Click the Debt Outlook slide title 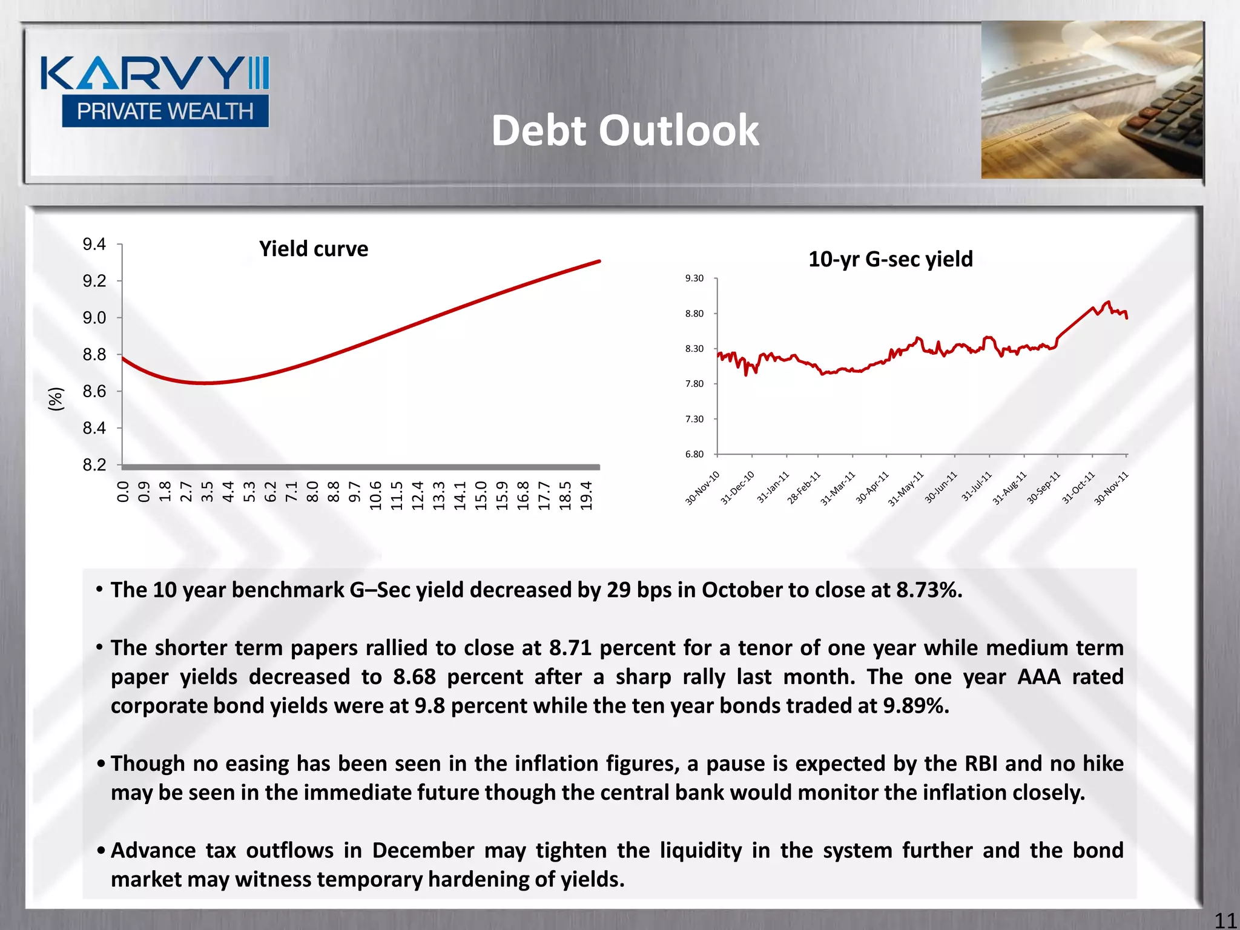pyautogui.click(x=624, y=131)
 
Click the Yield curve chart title pyautogui.click(x=313, y=249)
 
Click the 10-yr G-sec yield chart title pyautogui.click(x=890, y=259)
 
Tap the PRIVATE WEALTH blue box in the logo pyautogui.click(x=165, y=111)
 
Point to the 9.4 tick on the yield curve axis pyautogui.click(x=94, y=245)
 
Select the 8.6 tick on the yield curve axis pyautogui.click(x=94, y=392)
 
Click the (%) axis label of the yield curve pyautogui.click(x=56, y=400)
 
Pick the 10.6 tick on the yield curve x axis pyautogui.click(x=375, y=495)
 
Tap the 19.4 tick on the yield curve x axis pyautogui.click(x=586, y=495)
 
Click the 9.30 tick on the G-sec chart pyautogui.click(x=694, y=279)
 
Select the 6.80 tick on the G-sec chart pyautogui.click(x=694, y=454)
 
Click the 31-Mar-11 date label pyautogui.click(x=838, y=488)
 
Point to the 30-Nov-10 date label pyautogui.click(x=702, y=488)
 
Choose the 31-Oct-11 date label pyautogui.click(x=1080, y=488)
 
